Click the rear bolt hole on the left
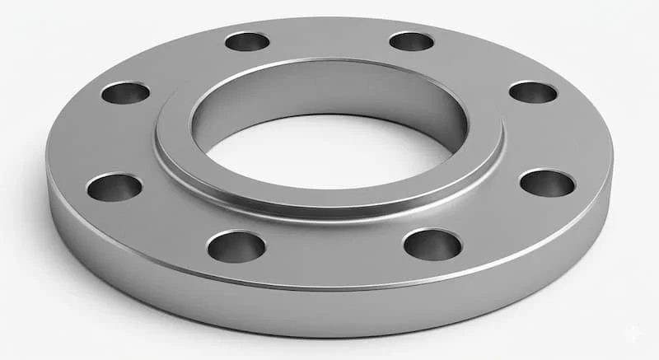point(247,41)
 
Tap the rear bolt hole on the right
point(411,41)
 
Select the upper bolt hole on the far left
point(125,92)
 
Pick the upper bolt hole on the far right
point(533,91)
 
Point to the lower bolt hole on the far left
point(114,187)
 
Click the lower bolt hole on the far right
point(547,183)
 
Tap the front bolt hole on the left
point(236,245)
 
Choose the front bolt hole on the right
point(432,244)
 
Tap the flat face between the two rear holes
point(329,37)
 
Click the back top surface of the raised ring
point(329,68)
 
